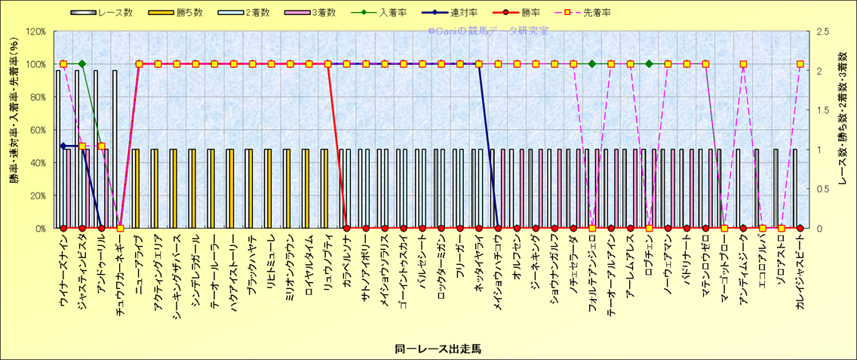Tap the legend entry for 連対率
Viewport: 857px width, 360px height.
coord(478,13)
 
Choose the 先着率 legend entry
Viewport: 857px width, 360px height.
coord(595,13)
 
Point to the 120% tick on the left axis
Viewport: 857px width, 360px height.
coord(35,32)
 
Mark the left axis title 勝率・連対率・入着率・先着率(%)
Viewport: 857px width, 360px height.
coord(13,130)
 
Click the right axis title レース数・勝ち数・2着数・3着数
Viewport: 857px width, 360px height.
coord(843,130)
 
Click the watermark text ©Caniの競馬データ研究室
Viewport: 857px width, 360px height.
coord(488,32)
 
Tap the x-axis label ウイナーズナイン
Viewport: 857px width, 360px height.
coord(63,272)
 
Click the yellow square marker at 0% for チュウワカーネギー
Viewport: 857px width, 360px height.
coord(120,228)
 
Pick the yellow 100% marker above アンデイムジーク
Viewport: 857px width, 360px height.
coord(743,64)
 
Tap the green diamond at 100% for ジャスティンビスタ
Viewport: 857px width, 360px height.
coord(82,64)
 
